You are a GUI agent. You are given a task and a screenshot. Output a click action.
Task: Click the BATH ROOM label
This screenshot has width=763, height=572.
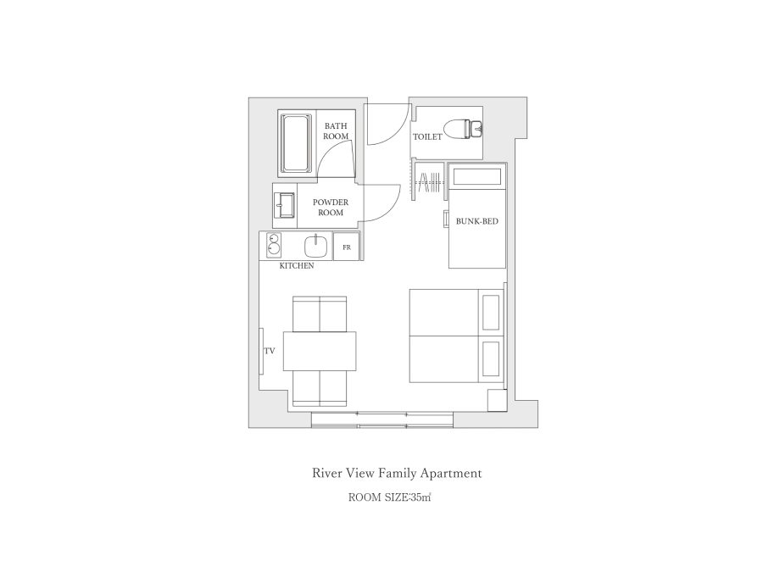pos(336,131)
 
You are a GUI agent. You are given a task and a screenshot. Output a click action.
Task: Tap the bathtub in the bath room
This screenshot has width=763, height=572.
pos(297,143)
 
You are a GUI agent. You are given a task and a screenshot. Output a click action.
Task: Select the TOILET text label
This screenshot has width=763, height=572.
pos(427,137)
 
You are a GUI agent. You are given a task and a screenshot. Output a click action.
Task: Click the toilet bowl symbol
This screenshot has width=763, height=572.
pos(465,128)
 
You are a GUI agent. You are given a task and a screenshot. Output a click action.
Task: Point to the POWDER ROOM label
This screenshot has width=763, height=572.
pos(331,208)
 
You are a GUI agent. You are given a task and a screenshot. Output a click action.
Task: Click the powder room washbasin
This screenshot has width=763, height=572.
pos(285,205)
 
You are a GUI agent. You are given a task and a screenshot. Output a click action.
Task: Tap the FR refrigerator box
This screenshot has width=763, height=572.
pos(347,247)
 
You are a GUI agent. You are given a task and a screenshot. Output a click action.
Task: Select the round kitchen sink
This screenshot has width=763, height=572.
pos(316,246)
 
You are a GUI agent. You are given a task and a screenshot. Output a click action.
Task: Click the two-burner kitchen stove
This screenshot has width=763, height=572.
pos(274,245)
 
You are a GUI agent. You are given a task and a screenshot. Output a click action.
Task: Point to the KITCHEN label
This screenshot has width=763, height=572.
pos(297,266)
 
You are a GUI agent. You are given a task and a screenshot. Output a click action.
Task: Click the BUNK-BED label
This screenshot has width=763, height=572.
pos(476,221)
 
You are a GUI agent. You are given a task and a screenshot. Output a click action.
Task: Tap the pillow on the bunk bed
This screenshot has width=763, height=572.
pos(476,176)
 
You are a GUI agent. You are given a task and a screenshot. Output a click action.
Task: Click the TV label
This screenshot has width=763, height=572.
pos(270,351)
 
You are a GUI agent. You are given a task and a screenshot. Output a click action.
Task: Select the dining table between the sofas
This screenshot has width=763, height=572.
pos(320,351)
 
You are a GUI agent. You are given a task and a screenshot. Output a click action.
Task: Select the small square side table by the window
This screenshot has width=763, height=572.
pos(498,400)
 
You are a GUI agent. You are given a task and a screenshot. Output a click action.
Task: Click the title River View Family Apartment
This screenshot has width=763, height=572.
pos(397,473)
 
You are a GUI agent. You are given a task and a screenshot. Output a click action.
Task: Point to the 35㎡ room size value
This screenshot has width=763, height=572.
pos(420,497)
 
